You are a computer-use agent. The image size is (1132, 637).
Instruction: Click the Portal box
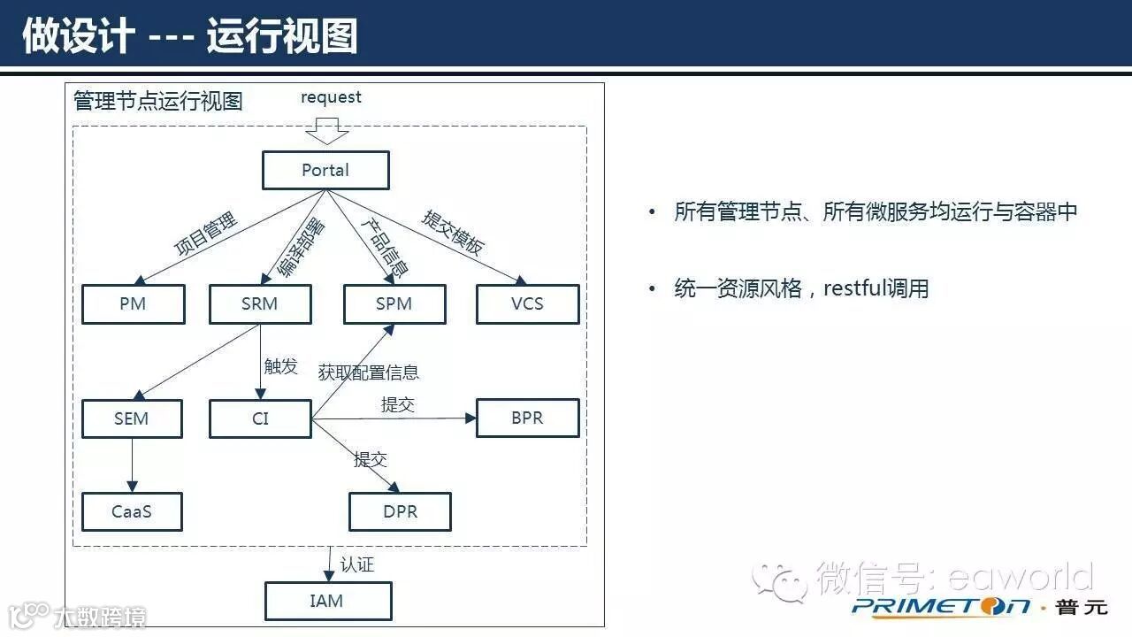(325, 170)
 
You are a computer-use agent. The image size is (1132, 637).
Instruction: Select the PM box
(133, 304)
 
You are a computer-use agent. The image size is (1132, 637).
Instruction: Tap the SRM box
(260, 304)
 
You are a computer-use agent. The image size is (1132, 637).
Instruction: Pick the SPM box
(394, 304)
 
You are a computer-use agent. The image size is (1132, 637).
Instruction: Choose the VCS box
(527, 304)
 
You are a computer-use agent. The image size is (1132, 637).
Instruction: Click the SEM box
(132, 418)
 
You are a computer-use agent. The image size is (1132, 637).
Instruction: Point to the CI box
(260, 418)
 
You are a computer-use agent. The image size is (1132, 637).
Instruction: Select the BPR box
(527, 418)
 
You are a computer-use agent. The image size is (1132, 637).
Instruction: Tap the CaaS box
(132, 511)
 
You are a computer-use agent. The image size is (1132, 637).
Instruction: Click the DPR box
(400, 511)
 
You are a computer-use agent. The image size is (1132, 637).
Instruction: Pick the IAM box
(327, 602)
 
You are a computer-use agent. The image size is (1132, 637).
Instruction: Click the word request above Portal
(331, 97)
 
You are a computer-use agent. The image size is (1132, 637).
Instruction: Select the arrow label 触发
(281, 366)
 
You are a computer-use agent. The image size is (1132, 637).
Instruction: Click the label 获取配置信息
(369, 372)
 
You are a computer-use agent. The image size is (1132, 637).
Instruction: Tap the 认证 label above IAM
(357, 564)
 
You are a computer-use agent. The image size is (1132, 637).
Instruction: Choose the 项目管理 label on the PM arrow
(206, 234)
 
